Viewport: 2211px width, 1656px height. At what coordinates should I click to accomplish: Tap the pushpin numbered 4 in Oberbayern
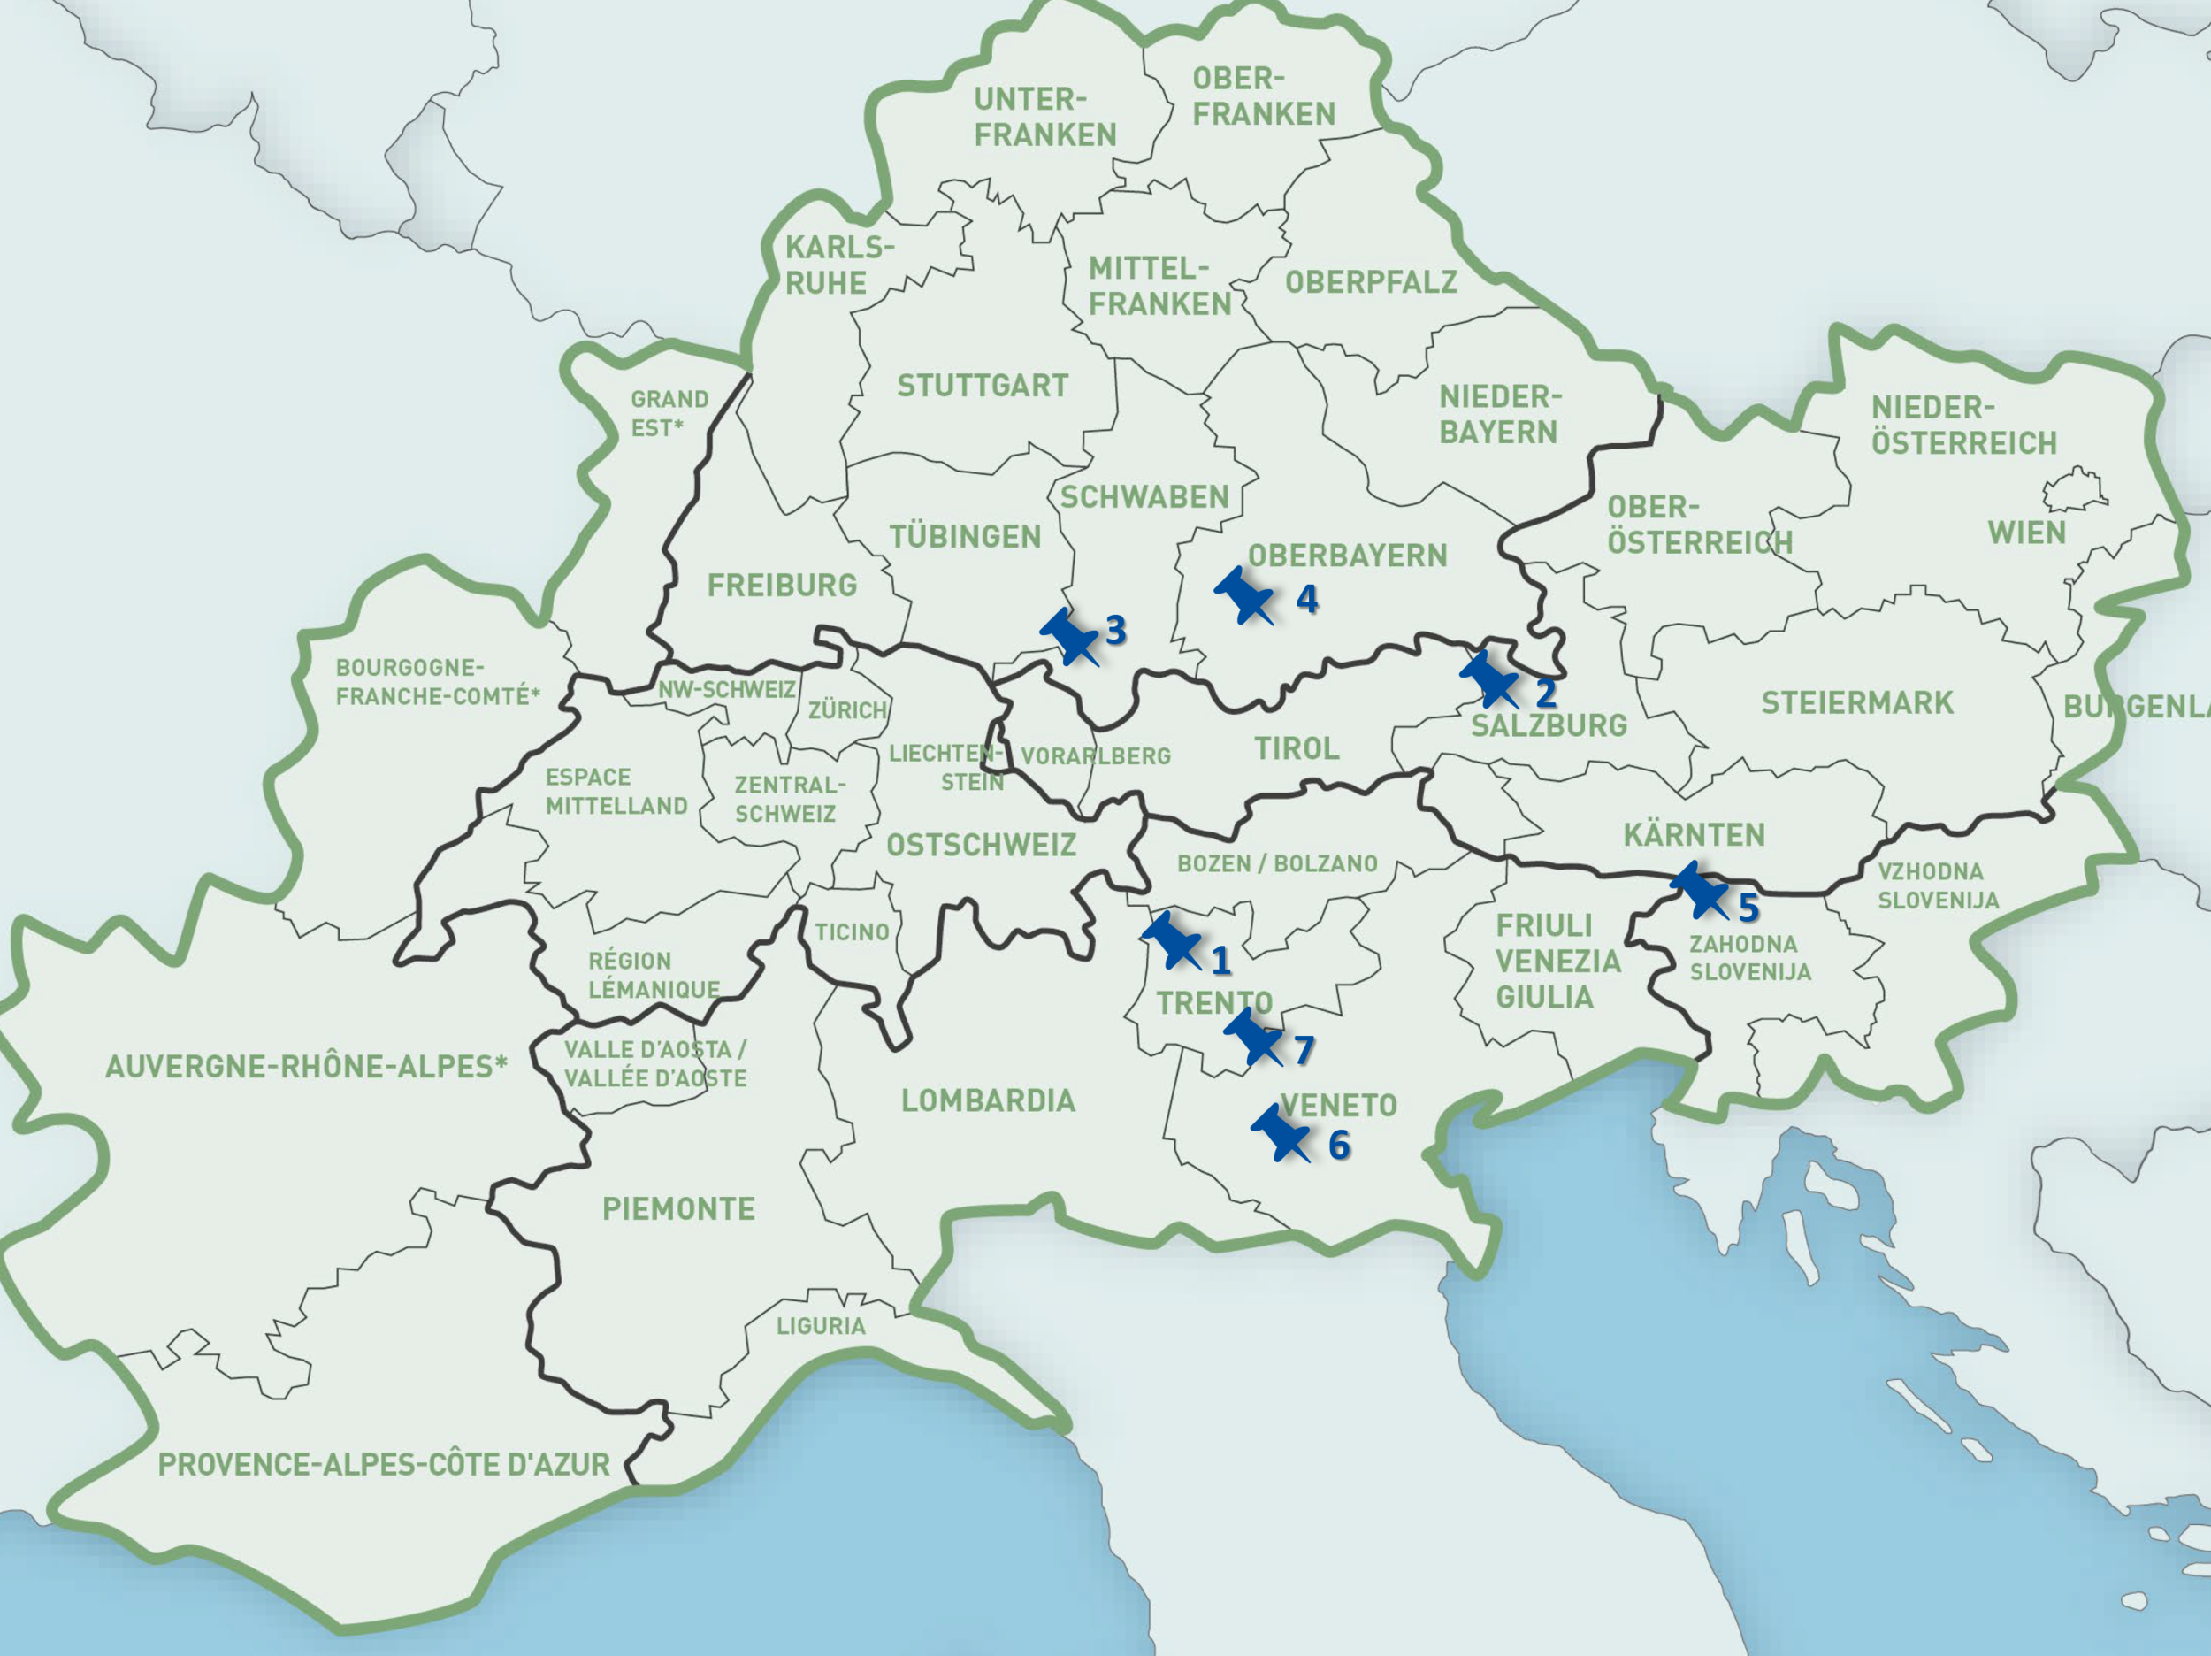click(x=1243, y=595)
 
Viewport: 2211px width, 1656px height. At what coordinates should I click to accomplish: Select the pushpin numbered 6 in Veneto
click(x=1280, y=1133)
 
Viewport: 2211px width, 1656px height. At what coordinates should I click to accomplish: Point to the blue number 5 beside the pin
click(x=1748, y=908)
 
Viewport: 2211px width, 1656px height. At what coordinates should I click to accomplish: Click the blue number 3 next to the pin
click(x=1116, y=630)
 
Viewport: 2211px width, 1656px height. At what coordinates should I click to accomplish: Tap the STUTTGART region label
click(x=983, y=385)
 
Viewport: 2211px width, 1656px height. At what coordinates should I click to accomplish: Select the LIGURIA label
click(x=821, y=1326)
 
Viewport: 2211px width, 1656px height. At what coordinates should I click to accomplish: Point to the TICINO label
click(x=852, y=932)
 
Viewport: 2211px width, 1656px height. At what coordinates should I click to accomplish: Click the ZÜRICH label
click(x=847, y=710)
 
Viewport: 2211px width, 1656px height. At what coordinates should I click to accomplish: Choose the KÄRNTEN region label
click(x=1695, y=834)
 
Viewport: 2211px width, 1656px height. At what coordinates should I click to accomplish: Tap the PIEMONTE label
click(x=678, y=1209)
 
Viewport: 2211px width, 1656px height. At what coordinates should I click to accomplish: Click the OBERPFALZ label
click(x=1371, y=282)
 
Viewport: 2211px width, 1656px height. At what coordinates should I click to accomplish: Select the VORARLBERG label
click(x=1096, y=756)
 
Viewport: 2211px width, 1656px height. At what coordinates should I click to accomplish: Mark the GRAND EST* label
click(x=669, y=413)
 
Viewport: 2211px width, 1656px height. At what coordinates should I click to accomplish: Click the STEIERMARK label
click(x=1857, y=703)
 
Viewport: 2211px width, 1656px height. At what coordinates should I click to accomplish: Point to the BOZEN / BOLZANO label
click(x=1276, y=863)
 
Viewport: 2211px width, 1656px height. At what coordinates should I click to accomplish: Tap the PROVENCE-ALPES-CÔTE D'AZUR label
click(x=384, y=1465)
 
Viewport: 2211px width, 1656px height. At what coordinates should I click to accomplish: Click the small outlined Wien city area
click(x=2073, y=491)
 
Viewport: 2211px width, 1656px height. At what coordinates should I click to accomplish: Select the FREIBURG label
click(x=782, y=585)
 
